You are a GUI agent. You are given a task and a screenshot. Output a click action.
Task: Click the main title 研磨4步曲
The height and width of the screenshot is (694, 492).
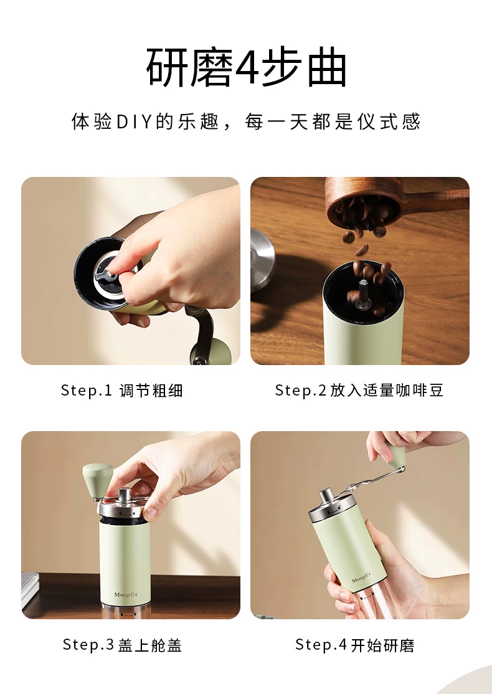(246, 68)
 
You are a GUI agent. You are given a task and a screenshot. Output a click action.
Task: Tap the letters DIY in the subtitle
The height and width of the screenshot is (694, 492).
(134, 121)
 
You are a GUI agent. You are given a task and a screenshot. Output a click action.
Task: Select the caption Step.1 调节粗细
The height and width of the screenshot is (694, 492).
(121, 391)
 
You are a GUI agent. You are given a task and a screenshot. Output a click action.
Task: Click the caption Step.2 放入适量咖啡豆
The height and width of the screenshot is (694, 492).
(359, 391)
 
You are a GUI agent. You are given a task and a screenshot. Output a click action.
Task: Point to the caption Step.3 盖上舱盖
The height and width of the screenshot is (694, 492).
(122, 644)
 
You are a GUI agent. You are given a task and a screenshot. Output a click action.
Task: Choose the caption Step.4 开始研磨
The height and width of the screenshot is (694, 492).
(355, 644)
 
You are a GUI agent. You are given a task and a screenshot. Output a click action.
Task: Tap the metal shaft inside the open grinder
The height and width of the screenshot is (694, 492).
(364, 293)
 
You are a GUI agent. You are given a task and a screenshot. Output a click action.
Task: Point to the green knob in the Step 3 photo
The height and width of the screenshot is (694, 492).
(98, 480)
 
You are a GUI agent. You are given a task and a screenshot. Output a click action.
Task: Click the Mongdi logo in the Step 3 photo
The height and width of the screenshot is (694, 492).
(126, 594)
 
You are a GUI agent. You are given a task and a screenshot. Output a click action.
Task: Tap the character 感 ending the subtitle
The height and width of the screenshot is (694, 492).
(410, 121)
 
